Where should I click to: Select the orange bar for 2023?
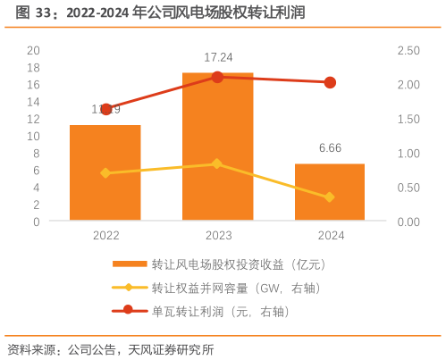(217, 147)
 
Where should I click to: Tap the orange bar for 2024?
(330, 192)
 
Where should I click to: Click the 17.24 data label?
(218, 58)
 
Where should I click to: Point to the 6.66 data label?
(330, 148)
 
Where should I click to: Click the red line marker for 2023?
(217, 77)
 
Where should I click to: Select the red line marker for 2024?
(330, 82)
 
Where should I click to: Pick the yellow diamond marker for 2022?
(105, 173)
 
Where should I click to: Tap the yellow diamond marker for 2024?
(330, 197)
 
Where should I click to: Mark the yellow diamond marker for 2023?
(217, 163)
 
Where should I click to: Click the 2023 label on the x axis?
(218, 235)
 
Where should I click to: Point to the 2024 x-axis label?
(330, 235)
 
